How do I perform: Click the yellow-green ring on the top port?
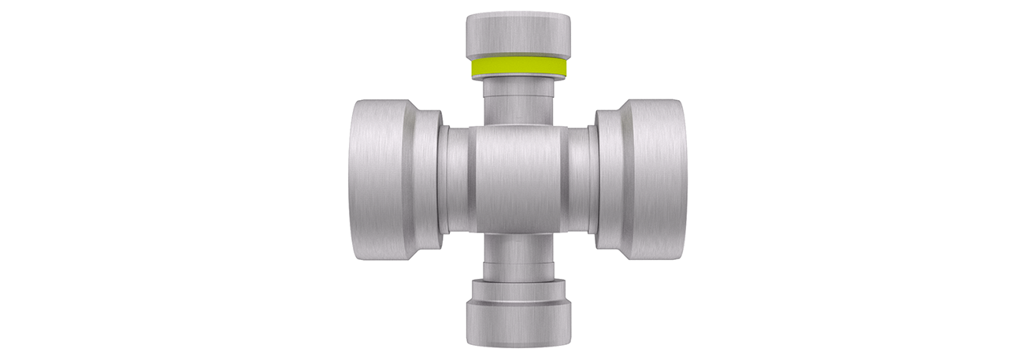coord(518,67)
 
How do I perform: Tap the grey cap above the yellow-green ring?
coord(518,35)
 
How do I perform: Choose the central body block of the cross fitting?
coord(518,179)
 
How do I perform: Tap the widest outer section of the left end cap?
coord(375,179)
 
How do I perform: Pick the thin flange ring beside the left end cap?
coord(443,179)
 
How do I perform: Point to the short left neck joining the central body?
coord(458,179)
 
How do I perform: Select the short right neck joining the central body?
coord(577,179)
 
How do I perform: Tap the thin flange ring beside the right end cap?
coord(592,179)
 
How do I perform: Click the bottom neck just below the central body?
coord(518,247)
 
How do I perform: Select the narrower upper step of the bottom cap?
coord(518,291)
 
